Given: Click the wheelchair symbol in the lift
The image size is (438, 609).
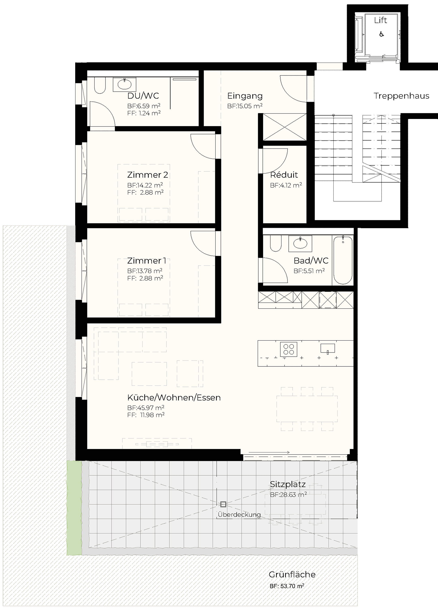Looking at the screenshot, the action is pyautogui.click(x=381, y=34).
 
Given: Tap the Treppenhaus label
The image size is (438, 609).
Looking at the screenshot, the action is pyautogui.click(x=401, y=96).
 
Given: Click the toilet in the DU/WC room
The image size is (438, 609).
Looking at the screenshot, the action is pyautogui.click(x=100, y=86).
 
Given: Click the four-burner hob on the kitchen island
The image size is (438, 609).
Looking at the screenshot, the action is pyautogui.click(x=289, y=349).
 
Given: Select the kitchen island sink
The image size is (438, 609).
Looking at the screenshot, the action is pyautogui.click(x=328, y=349).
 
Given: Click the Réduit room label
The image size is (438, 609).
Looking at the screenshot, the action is pyautogui.click(x=284, y=175).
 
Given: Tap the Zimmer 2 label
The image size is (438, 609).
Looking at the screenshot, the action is pyautogui.click(x=147, y=175).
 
